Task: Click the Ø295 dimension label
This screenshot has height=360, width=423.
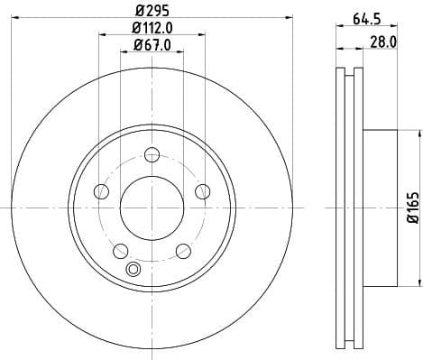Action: (x=152, y=8)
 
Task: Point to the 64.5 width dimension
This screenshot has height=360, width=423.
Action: (x=363, y=16)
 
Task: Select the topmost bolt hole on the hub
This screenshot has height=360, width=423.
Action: (x=152, y=153)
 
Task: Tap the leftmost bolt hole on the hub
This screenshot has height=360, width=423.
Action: (x=101, y=191)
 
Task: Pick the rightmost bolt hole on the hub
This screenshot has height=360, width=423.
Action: (x=203, y=191)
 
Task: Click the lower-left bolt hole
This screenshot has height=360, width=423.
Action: (x=120, y=250)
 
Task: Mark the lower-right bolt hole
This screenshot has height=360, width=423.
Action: (x=183, y=250)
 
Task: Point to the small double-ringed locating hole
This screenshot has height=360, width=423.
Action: (x=135, y=268)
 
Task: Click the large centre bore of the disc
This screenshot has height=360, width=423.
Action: (x=152, y=207)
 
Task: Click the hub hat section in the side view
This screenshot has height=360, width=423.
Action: (x=380, y=207)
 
